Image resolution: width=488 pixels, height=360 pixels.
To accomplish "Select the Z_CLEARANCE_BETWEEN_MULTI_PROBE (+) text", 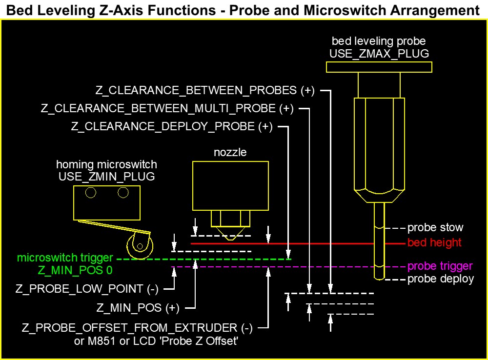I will (167, 108).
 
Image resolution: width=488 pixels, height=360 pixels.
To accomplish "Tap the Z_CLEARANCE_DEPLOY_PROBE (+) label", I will (172, 127).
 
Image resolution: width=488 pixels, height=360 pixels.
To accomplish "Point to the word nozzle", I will (230, 153).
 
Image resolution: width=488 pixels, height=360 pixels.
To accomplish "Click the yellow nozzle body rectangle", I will (230, 186).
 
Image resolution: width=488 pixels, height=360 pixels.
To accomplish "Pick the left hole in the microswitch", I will (90, 193).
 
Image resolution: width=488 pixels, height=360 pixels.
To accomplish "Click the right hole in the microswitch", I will (123, 193).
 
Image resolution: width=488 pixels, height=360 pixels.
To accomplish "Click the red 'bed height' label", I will (434, 242).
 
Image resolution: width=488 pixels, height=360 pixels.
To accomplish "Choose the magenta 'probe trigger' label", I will (440, 266).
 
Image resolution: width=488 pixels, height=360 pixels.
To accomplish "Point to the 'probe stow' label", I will (435, 227).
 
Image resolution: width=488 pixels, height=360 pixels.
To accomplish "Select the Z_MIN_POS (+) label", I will (138, 308).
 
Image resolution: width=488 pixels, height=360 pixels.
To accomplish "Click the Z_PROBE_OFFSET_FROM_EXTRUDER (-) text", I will (137, 328).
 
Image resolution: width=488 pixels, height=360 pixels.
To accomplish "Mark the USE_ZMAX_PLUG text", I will (379, 54).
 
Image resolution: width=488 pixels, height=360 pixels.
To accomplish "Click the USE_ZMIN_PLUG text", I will (106, 177).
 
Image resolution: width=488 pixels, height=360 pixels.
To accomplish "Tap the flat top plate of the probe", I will (379, 67).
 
